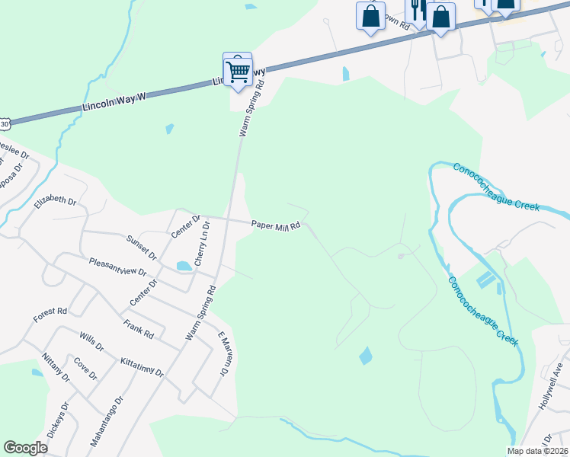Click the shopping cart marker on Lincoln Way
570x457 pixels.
tap(239, 72)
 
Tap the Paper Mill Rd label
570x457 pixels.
tap(277, 225)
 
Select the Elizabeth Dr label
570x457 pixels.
tap(56, 203)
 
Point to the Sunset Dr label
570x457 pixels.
tap(142, 245)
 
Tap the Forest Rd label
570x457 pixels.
tap(50, 312)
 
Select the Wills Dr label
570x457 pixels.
tap(91, 340)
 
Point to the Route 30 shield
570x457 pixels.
tap(5, 122)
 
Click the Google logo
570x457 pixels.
tap(25, 448)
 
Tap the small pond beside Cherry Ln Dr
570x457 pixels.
tap(184, 267)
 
